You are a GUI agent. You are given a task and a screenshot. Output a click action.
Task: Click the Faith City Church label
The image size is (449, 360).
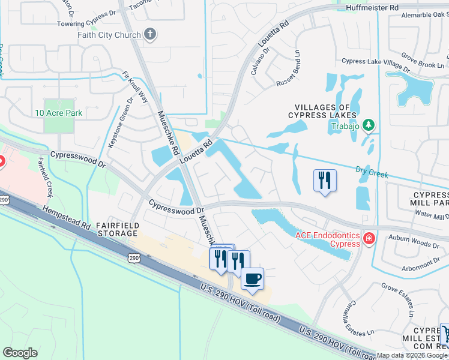(109, 35)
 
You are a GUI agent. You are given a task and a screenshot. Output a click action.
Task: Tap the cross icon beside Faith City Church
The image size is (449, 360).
(150, 35)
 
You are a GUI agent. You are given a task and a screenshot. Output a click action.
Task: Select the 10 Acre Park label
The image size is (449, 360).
(58, 113)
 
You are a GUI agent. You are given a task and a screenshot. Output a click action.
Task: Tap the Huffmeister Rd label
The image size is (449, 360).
(372, 7)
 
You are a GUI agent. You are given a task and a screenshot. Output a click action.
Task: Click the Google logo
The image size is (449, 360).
(20, 353)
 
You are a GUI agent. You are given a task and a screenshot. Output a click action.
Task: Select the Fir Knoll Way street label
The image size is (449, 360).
(135, 87)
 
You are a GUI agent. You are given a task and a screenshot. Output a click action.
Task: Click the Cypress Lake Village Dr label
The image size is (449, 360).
(375, 61)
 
